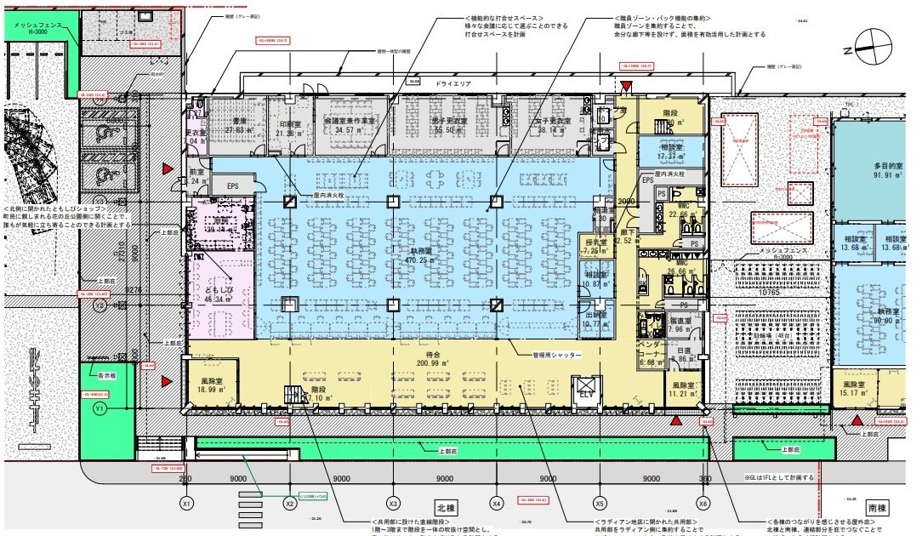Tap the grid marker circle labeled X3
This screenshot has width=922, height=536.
click(x=393, y=503)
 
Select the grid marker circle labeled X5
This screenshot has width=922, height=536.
click(x=600, y=503)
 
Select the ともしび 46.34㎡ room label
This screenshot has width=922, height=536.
click(x=219, y=294)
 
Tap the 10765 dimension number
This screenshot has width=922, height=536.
click(x=771, y=293)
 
